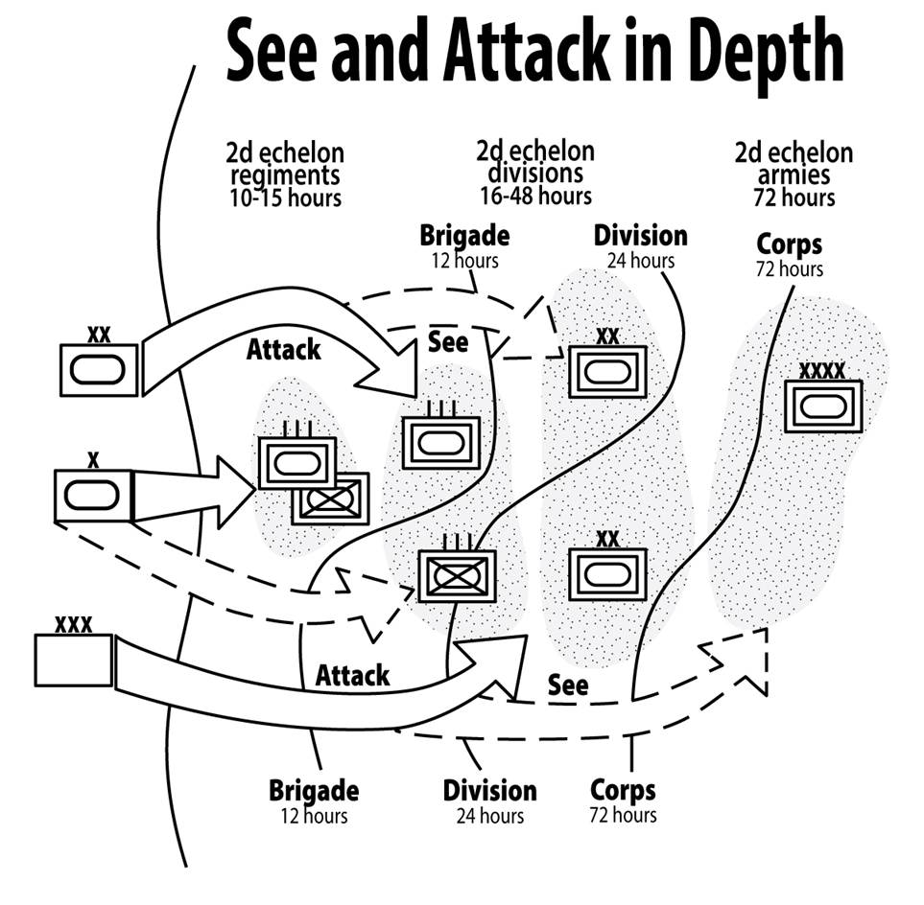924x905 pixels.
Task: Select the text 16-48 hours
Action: pos(535,195)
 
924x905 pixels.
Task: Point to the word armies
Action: pos(793,175)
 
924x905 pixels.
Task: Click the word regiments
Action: pos(284,174)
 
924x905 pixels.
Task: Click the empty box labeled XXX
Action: pos(73,660)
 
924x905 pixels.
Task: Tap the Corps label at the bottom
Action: pos(623,791)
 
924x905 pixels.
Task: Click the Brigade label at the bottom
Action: pos(314,792)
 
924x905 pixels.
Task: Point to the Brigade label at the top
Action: pos(464,236)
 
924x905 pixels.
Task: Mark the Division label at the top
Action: pos(640,236)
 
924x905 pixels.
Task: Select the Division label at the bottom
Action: pos(489,792)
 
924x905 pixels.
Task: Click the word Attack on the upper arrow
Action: pos(283,350)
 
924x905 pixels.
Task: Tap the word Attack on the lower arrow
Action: pos(353,675)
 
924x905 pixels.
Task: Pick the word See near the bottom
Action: pos(568,685)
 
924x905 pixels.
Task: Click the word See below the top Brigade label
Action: pos(448,341)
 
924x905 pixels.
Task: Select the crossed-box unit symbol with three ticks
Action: pos(457,575)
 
